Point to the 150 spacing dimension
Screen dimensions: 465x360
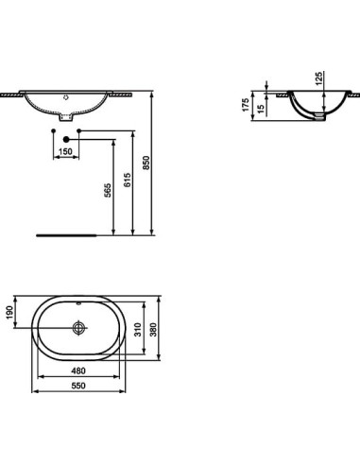click(65, 150)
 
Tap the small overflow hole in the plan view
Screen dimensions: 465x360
click(77, 306)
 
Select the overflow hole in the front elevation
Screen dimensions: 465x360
click(65, 97)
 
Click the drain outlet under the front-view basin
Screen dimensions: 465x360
click(65, 119)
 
